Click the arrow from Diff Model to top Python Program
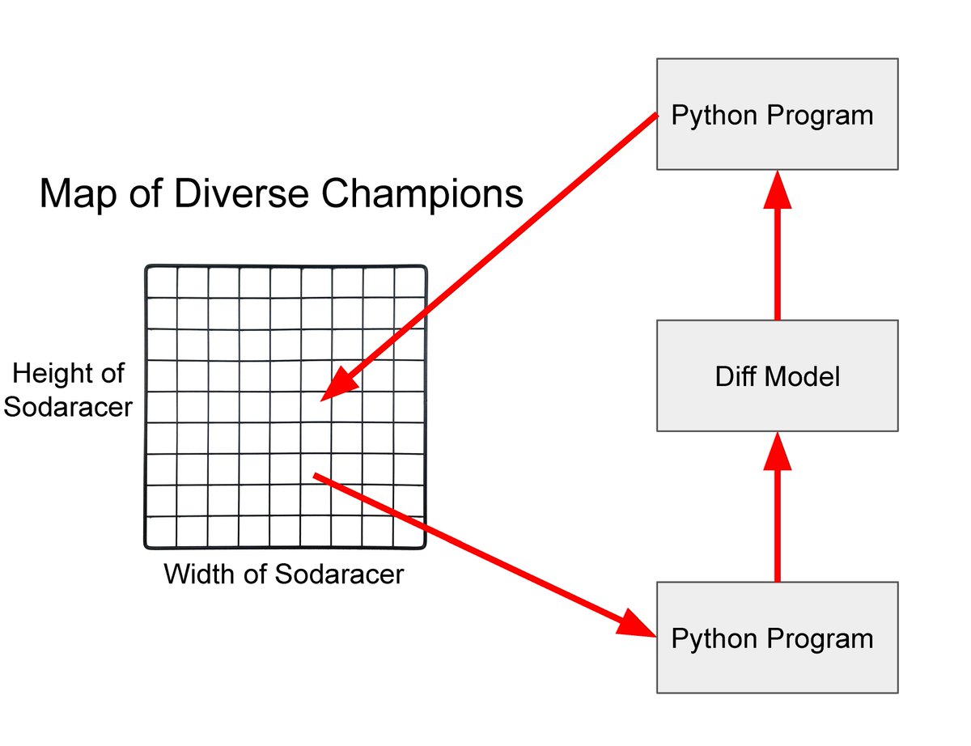777,251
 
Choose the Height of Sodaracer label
68,390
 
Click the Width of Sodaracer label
283,574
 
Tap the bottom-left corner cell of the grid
161,532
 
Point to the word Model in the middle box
804,376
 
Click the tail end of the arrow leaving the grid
317,477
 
